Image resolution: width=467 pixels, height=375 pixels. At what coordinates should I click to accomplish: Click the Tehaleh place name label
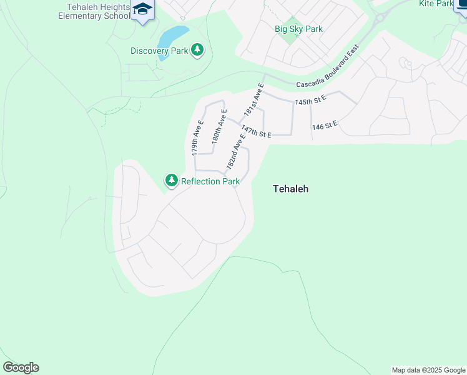point(291,189)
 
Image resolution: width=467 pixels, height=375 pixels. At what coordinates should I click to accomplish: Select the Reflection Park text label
point(210,181)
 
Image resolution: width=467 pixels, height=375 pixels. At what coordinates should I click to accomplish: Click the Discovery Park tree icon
point(197,50)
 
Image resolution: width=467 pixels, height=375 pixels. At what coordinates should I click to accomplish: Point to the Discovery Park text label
point(159,51)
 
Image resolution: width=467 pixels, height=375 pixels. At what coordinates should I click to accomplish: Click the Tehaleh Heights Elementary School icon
point(143,10)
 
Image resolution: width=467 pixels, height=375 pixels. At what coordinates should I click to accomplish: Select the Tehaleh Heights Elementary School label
point(94,11)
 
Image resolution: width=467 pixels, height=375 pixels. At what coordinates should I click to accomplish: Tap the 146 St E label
point(325,126)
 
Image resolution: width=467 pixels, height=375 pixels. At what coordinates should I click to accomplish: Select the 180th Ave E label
point(219,127)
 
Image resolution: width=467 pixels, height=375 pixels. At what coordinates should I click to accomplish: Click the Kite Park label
point(436,4)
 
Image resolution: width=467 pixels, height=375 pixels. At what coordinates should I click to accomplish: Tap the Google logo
point(21,367)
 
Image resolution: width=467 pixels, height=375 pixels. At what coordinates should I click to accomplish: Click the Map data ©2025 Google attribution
point(428,370)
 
